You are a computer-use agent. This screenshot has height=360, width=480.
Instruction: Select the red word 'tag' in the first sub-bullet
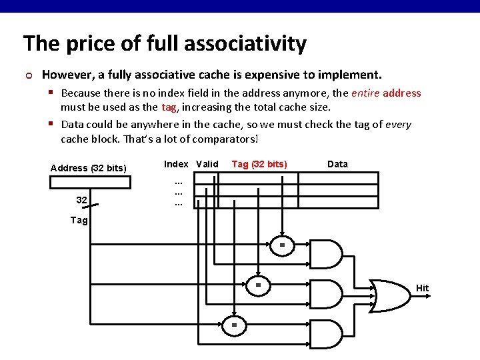click(x=169, y=107)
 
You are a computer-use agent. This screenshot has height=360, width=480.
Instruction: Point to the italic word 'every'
click(x=398, y=125)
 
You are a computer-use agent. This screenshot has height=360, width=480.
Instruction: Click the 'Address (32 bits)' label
click(x=89, y=168)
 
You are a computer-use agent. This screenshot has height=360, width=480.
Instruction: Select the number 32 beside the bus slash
click(x=81, y=199)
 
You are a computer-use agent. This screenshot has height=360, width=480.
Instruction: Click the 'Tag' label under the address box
click(x=79, y=220)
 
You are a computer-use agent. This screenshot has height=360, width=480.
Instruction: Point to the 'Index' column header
click(x=176, y=164)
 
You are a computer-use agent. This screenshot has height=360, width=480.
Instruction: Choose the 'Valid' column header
click(x=207, y=164)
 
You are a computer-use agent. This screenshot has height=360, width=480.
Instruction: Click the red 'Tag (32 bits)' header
click(x=259, y=164)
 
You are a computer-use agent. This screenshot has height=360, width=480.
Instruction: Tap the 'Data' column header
click(x=337, y=164)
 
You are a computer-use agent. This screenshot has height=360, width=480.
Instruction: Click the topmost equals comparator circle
click(x=282, y=246)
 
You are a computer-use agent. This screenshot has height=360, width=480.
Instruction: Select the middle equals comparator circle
click(x=258, y=285)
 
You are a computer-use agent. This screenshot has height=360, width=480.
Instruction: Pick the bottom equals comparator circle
click(x=234, y=325)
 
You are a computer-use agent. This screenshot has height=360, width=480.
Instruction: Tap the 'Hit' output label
click(x=423, y=289)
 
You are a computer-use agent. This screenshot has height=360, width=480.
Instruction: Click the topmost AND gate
click(x=327, y=254)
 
